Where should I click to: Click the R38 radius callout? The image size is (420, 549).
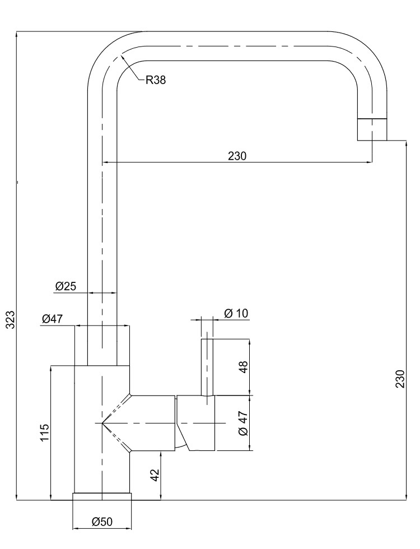[x=156, y=81]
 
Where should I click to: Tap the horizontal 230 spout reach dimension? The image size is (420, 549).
[x=237, y=156]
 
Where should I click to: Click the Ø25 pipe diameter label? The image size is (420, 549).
[x=66, y=286]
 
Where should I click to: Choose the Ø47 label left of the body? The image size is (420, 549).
[x=52, y=319]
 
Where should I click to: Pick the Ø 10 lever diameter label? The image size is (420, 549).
[x=236, y=313]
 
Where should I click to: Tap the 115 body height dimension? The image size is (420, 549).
[x=44, y=432]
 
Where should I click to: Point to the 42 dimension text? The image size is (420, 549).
[x=155, y=475]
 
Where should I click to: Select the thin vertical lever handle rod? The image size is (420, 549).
[x=207, y=367]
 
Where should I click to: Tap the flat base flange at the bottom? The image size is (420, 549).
[x=102, y=497]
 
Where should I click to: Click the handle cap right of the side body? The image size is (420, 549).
[x=196, y=423]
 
